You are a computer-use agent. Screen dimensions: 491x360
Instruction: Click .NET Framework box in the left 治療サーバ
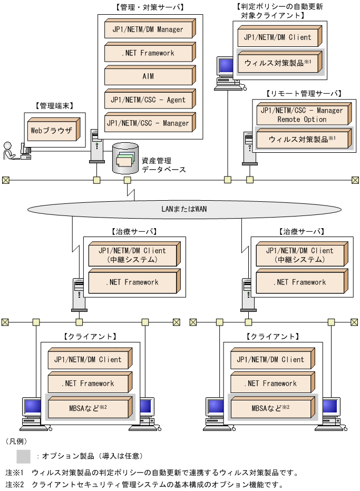tap(132, 282)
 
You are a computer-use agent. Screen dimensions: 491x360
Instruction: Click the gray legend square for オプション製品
tap(24, 456)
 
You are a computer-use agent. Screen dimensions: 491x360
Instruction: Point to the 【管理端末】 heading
tap(54, 106)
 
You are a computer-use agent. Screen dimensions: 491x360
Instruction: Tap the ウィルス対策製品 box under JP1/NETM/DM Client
tap(278, 62)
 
